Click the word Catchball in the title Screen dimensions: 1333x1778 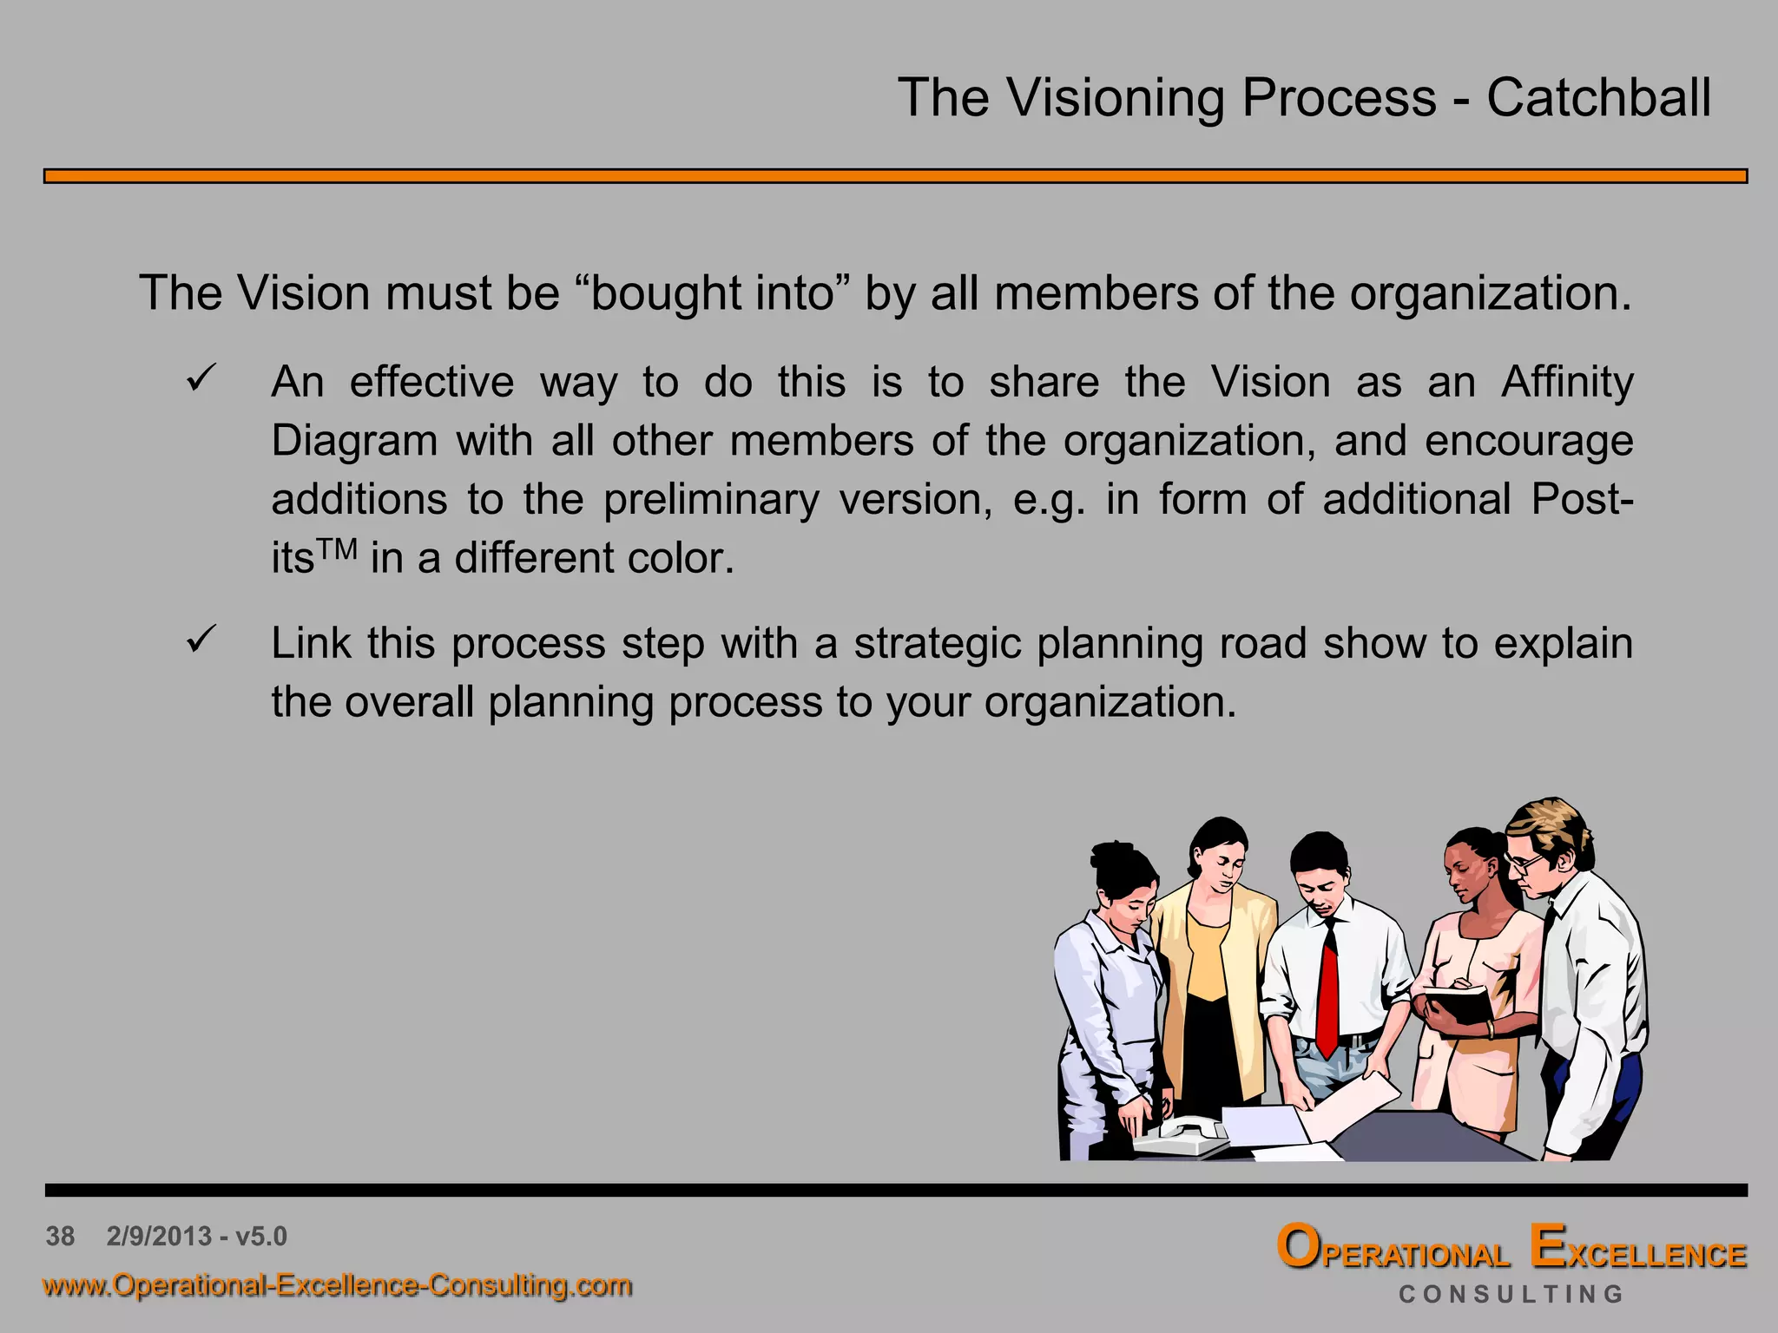tap(1598, 97)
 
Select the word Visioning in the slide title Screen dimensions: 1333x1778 tap(1116, 99)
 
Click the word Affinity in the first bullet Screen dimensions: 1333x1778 tap(1567, 383)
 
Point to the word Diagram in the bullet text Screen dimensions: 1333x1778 tap(354, 441)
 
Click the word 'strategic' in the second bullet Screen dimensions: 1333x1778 tap(938, 644)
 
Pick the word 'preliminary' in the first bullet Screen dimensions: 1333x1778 tap(711, 500)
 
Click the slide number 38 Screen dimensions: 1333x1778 tap(60, 1236)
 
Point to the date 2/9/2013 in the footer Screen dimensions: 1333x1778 tap(159, 1236)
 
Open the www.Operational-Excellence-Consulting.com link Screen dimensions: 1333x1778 tap(337, 1284)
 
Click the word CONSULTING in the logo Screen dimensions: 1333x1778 tap(1511, 1294)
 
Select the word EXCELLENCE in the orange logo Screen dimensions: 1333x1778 tap(1637, 1250)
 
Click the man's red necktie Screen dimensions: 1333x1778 tap(1327, 989)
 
